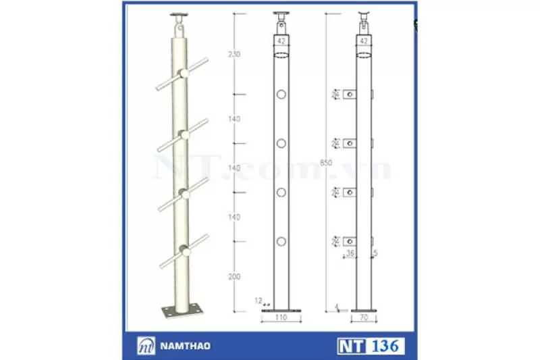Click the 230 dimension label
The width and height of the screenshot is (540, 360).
pos(234,55)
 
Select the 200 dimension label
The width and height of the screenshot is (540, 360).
pos(234,278)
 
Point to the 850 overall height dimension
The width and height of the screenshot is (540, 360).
pos(327,163)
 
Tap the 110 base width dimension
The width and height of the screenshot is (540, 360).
pos(281,316)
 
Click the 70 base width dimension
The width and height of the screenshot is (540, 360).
pos(364,316)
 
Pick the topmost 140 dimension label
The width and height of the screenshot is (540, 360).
pos(234,120)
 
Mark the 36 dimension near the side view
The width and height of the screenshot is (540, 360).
pos(350,254)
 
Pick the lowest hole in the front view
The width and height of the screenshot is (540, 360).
pos(281,241)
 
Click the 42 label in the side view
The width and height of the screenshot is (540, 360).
pos(364,41)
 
